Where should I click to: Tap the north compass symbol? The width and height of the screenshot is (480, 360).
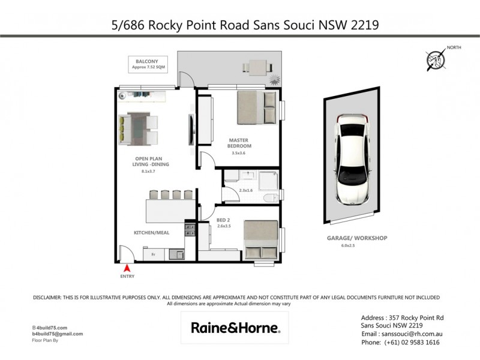point(436,59)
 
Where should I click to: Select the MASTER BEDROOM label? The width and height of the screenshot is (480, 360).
point(239,143)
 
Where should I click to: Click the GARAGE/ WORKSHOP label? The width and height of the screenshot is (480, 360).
point(357,238)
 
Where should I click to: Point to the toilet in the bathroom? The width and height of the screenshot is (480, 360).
point(271,197)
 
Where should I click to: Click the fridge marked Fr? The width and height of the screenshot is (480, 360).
point(154,254)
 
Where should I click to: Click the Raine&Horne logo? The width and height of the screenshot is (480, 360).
point(234,328)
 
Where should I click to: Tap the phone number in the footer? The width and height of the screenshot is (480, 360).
point(400,342)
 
